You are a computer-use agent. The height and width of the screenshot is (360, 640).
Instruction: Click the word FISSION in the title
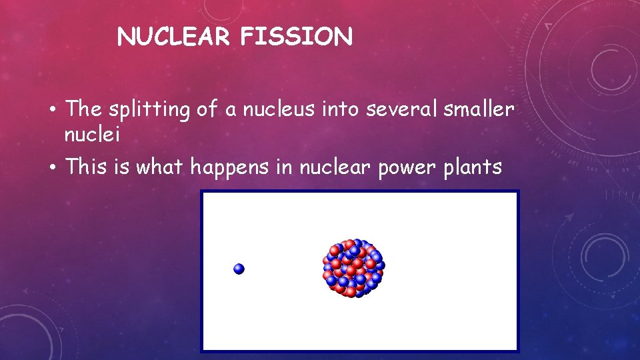tap(297, 37)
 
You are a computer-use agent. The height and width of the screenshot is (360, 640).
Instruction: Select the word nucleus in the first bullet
tap(280, 109)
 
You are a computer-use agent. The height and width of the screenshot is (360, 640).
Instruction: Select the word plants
tap(474, 167)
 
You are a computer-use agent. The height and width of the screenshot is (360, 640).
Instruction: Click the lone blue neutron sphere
tap(239, 269)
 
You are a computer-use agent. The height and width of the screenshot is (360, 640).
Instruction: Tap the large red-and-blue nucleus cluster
tap(353, 267)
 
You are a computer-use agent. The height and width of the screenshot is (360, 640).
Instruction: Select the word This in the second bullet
tap(87, 167)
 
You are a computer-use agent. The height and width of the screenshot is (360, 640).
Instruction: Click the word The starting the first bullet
tap(83, 109)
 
